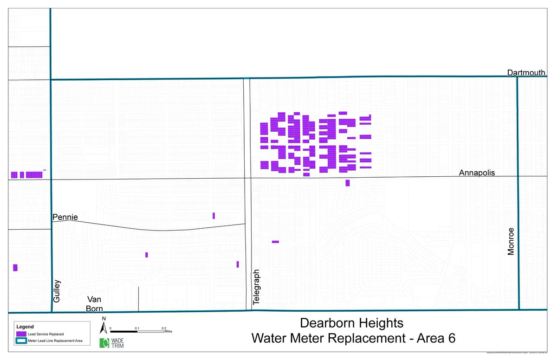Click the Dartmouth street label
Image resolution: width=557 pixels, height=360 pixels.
point(526,72)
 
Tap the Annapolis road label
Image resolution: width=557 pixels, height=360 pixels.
point(477,173)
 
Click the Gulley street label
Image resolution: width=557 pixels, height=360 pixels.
point(57,291)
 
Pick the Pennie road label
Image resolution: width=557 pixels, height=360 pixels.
point(65,217)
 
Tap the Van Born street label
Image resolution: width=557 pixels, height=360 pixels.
point(94,304)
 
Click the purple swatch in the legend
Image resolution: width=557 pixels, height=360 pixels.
point(20,334)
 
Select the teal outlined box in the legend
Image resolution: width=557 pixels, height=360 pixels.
point(20,341)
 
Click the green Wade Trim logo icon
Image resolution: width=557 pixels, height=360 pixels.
point(104,343)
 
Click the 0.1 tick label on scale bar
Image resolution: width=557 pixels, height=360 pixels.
point(137,328)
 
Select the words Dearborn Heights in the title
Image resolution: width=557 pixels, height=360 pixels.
point(352,322)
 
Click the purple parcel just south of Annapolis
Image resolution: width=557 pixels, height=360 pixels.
point(347,183)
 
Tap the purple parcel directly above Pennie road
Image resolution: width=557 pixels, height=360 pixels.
point(214,215)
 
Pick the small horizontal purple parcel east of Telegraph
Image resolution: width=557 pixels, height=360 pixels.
point(275,242)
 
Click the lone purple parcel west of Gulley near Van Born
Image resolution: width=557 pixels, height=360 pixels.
point(15,268)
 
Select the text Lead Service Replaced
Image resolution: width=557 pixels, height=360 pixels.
point(46,334)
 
